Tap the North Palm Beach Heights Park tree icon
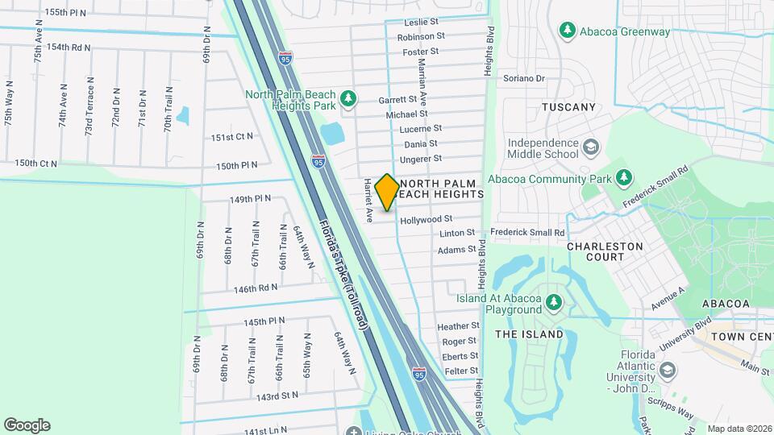click(348, 99)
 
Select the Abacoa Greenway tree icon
click(567, 31)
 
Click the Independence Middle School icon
click(592, 147)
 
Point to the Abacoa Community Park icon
click(623, 177)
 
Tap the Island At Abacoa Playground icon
click(553, 303)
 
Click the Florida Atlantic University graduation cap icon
click(667, 370)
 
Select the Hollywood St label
click(426, 219)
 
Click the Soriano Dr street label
click(524, 79)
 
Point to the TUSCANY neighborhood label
click(568, 107)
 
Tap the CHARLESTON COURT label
click(605, 251)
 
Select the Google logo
click(27, 425)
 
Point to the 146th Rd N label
click(256, 288)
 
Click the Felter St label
click(461, 371)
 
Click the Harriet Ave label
click(368, 200)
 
